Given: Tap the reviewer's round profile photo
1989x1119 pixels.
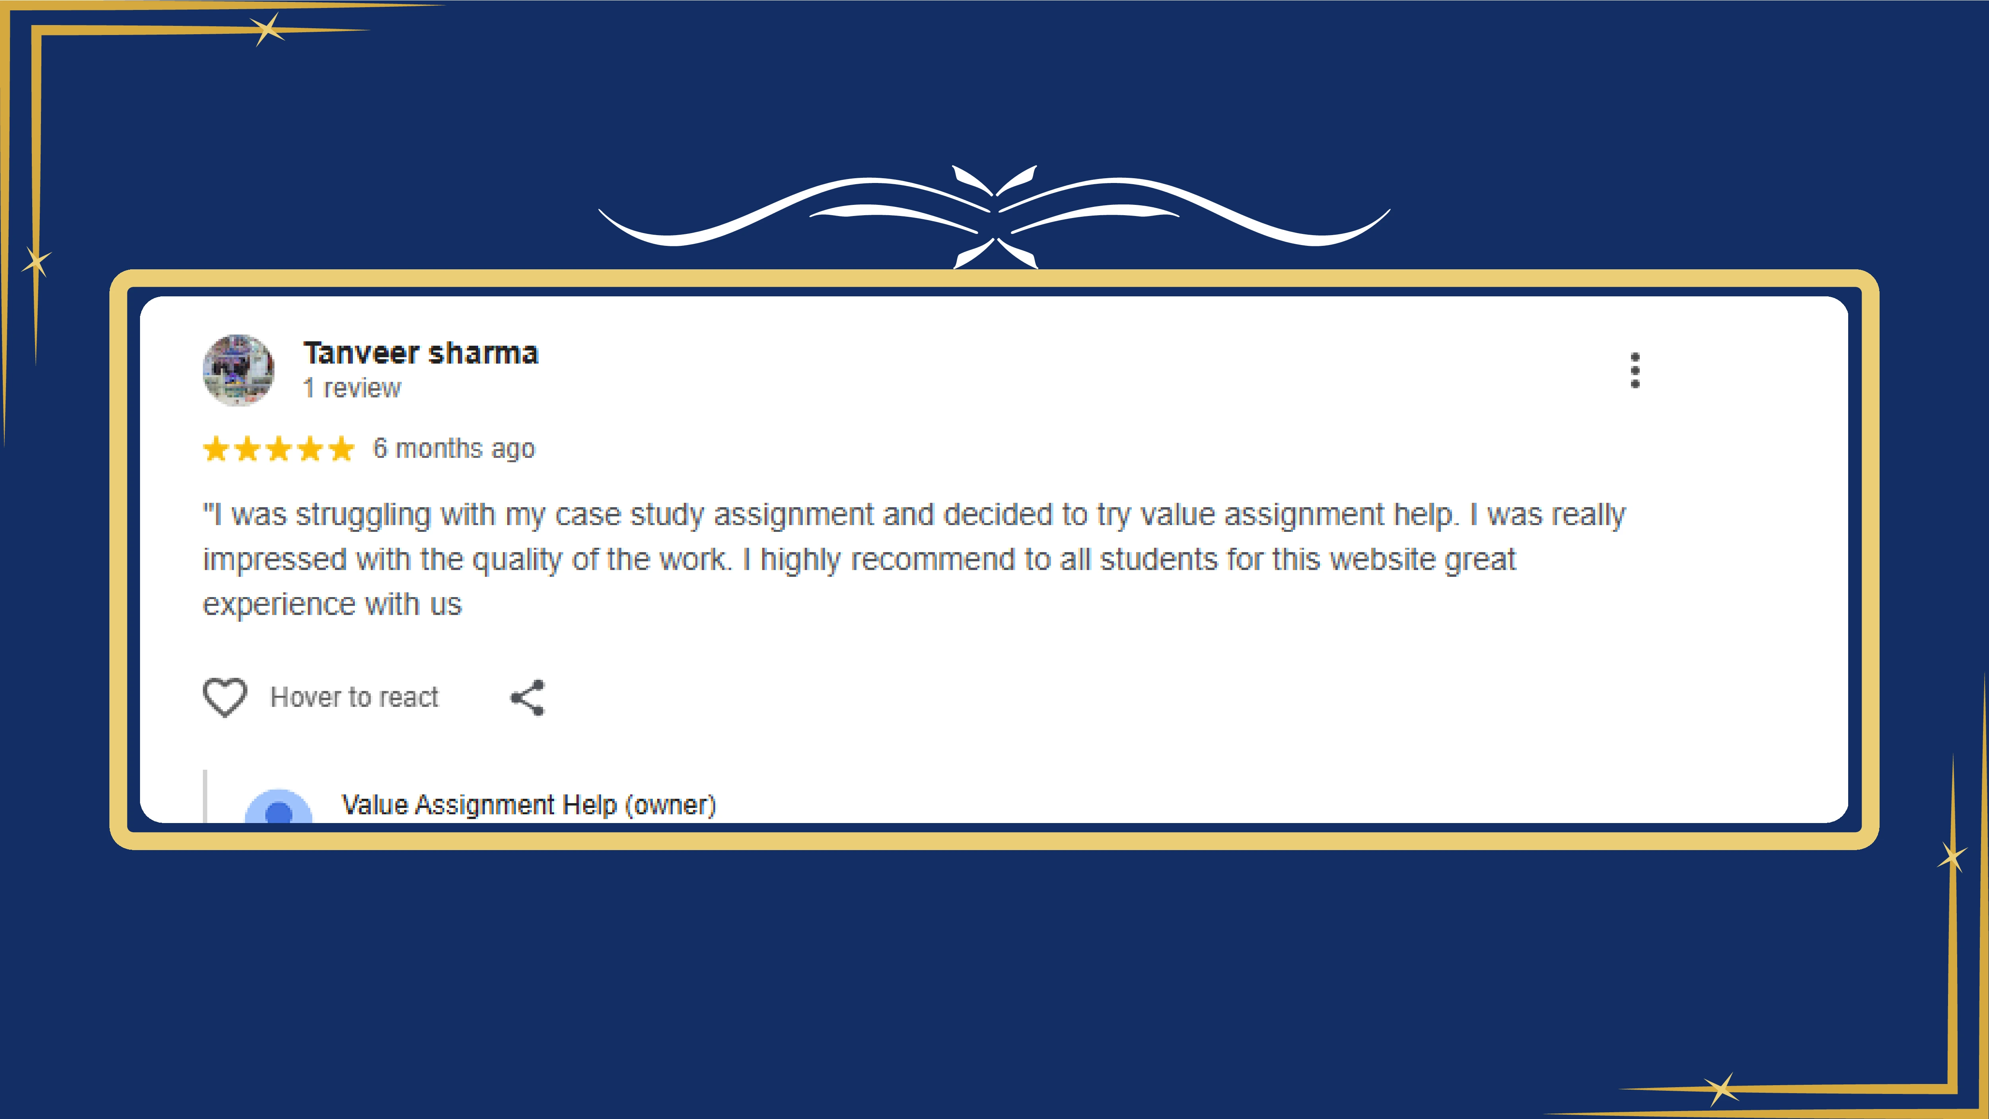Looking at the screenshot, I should (x=238, y=370).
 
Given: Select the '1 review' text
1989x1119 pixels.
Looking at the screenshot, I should (x=352, y=388).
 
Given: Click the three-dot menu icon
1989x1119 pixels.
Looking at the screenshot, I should (x=1635, y=371).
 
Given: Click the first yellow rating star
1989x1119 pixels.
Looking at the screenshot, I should (x=216, y=449).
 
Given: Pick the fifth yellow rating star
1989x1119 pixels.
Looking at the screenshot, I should (x=341, y=449).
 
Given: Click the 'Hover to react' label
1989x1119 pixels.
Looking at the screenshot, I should (x=354, y=697).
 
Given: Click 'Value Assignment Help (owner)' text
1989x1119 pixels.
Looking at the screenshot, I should (x=529, y=805).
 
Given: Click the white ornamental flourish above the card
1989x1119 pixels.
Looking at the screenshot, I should (x=994, y=212).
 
